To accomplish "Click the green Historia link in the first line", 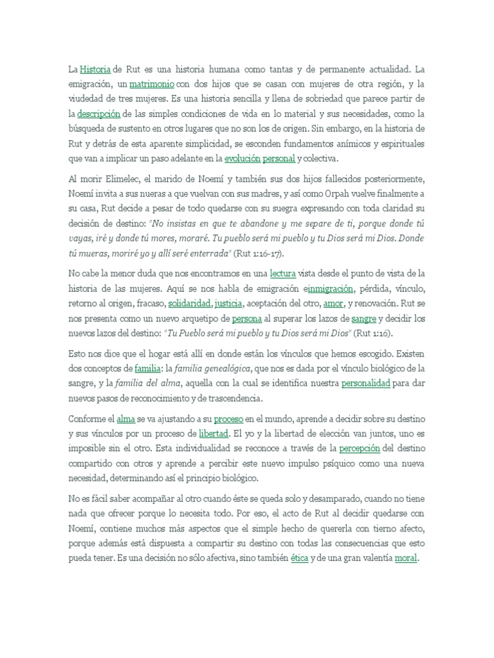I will pos(96,69).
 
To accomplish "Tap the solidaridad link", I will pos(189,303).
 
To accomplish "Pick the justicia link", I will pos(228,303).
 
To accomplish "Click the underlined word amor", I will pos(333,303).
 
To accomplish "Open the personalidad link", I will pos(366,384).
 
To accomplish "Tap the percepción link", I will pos(360,449).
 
